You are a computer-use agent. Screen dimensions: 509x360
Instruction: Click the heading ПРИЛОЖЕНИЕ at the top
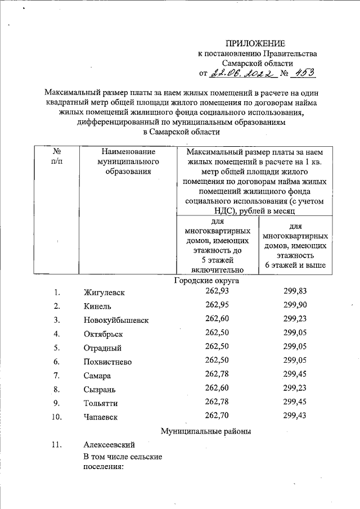tap(256, 44)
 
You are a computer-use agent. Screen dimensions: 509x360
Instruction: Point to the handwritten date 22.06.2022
tap(242, 73)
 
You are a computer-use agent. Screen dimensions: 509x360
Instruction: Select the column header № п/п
tap(56, 157)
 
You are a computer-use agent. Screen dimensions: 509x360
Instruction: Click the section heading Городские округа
tap(206, 280)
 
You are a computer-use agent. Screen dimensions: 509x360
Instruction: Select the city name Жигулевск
tap(104, 293)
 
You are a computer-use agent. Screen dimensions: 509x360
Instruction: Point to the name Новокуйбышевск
tap(116, 320)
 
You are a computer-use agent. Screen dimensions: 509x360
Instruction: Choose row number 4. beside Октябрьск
tap(57, 334)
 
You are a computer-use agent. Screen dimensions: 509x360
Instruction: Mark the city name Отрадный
tap(102, 348)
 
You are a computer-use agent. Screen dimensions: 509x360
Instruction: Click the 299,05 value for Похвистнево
tap(296, 359)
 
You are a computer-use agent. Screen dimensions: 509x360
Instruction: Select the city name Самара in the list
tap(98, 376)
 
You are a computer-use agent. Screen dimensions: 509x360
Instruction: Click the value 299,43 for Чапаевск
tap(296, 415)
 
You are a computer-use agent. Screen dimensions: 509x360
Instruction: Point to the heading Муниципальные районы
tap(205, 431)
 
